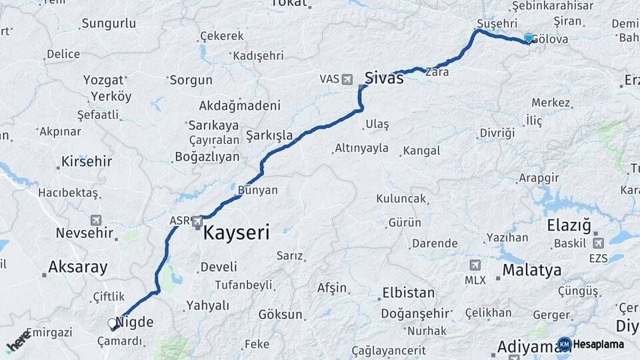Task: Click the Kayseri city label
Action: pyautogui.click(x=236, y=233)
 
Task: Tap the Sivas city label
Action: pyautogui.click(x=383, y=78)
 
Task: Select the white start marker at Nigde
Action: pyautogui.click(x=113, y=323)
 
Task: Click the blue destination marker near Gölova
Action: pyautogui.click(x=529, y=39)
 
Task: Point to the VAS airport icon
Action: pyautogui.click(x=347, y=79)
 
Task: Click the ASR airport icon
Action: pyautogui.click(x=197, y=221)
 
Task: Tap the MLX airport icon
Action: pyautogui.click(x=475, y=265)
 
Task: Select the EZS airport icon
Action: pyautogui.click(x=598, y=243)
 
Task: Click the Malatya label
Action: pyautogui.click(x=531, y=270)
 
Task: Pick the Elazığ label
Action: pyautogui.click(x=569, y=225)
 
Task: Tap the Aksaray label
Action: pyautogui.click(x=77, y=267)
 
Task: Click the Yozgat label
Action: pyautogui.click(x=103, y=80)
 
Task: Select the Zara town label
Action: pyautogui.click(x=437, y=73)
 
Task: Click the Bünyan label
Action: pyautogui.click(x=257, y=190)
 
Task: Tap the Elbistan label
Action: pyautogui.click(x=407, y=293)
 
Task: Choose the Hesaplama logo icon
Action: pyautogui.click(x=565, y=344)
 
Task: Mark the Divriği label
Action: pyautogui.click(x=497, y=133)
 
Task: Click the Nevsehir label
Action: pyautogui.click(x=81, y=233)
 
